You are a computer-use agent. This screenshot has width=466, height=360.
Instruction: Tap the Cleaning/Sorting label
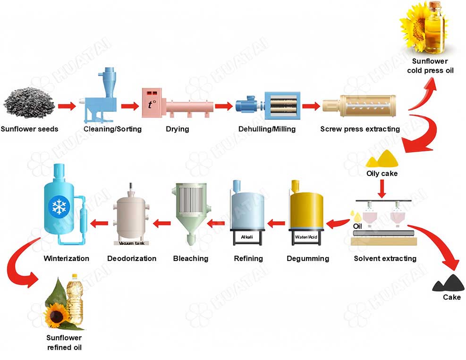pyautogui.click(x=112, y=129)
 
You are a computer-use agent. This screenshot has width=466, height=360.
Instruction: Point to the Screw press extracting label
pyautogui.click(x=360, y=129)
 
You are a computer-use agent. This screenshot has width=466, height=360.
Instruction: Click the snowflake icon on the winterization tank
pyautogui.click(x=59, y=206)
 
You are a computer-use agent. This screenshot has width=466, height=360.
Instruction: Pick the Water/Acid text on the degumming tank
pyautogui.click(x=306, y=236)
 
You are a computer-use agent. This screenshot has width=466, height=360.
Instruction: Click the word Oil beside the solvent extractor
pyautogui.click(x=358, y=226)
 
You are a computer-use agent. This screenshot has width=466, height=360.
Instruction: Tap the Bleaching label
pyautogui.click(x=190, y=259)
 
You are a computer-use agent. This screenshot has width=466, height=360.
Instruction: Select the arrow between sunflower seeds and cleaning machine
pyautogui.click(x=67, y=106)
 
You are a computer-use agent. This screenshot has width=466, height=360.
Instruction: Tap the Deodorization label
pyautogui.click(x=132, y=259)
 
